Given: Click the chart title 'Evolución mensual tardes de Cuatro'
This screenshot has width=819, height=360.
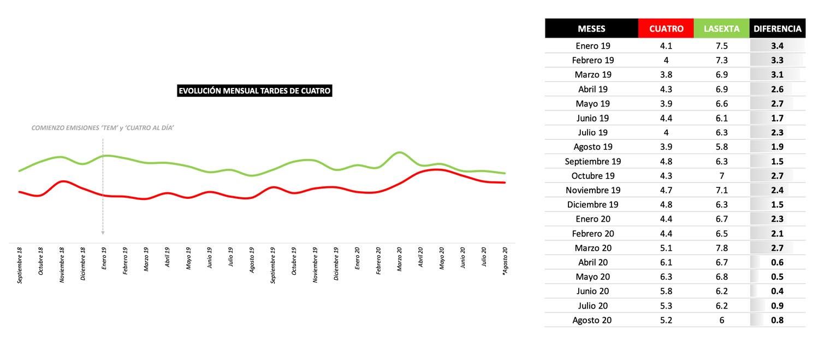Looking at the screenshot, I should pyautogui.click(x=254, y=91).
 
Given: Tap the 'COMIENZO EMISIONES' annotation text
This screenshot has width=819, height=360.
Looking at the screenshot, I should pyautogui.click(x=103, y=128).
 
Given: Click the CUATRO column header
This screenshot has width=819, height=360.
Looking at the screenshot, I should pyautogui.click(x=666, y=28).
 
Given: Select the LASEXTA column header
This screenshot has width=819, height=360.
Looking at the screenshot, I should pyautogui.click(x=721, y=28).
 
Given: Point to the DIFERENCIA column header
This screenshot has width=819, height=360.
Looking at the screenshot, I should pyautogui.click(x=777, y=28).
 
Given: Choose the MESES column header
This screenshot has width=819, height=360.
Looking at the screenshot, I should pyautogui.click(x=591, y=28).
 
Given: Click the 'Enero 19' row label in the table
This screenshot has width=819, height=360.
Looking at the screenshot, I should pyautogui.click(x=593, y=46).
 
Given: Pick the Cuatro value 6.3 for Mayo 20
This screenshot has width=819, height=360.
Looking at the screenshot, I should pyautogui.click(x=666, y=276).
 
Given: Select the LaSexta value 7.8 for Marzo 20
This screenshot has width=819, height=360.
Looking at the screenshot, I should pyautogui.click(x=721, y=247).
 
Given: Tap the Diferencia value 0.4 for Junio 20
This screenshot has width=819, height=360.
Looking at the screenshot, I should pyautogui.click(x=777, y=291).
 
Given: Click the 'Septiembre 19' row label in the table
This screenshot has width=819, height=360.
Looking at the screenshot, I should pyautogui.click(x=593, y=161).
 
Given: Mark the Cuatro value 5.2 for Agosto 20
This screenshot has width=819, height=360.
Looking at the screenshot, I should pyautogui.click(x=666, y=320).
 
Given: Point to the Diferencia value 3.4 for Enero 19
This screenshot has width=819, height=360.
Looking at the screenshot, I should pyautogui.click(x=777, y=46).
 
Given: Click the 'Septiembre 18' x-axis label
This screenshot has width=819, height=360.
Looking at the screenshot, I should pyautogui.click(x=20, y=265).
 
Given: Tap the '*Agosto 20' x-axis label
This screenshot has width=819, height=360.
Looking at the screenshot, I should pyautogui.click(x=505, y=261).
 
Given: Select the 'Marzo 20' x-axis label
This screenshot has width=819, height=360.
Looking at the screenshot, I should pyautogui.click(x=400, y=259).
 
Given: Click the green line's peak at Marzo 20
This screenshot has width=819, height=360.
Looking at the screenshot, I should pyautogui.click(x=400, y=152).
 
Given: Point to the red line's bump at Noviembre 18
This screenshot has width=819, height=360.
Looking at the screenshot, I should pyautogui.click(x=63, y=181).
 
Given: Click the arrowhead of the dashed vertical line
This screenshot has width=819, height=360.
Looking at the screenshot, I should pyautogui.click(x=103, y=233).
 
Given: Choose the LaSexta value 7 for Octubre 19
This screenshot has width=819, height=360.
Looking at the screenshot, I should pyautogui.click(x=721, y=176).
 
